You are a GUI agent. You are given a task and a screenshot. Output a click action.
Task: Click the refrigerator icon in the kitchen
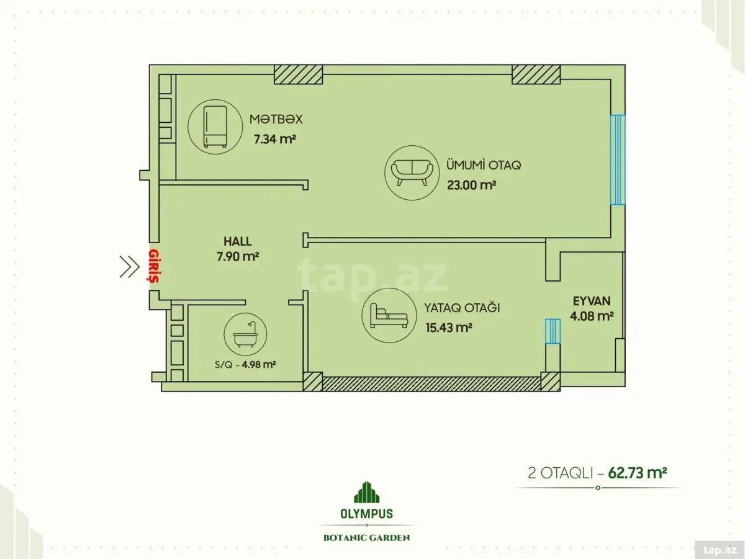[215, 127]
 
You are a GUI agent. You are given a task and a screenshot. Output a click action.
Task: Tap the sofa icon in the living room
[412, 172]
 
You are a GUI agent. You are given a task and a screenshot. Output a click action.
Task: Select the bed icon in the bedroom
[389, 315]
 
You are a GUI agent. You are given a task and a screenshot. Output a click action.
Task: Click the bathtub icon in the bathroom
[245, 334]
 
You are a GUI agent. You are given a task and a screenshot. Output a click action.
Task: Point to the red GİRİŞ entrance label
[154, 266]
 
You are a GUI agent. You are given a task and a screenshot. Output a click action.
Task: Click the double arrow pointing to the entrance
[129, 267]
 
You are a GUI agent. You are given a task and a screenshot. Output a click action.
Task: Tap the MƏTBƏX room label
[276, 119]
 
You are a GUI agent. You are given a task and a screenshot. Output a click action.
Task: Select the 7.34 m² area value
[275, 139]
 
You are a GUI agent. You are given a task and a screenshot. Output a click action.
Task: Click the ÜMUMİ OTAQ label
[483, 165]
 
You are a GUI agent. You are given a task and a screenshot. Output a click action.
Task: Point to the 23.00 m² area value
[471, 185]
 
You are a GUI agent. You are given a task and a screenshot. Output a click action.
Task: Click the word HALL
[238, 241]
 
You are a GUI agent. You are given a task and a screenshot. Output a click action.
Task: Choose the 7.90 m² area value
[238, 256]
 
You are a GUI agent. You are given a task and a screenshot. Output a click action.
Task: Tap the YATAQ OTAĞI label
[462, 308]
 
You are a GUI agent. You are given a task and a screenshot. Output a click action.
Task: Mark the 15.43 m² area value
[449, 328]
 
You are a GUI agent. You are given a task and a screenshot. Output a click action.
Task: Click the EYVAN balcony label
[592, 301]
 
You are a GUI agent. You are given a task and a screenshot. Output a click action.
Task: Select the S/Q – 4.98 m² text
[245, 365]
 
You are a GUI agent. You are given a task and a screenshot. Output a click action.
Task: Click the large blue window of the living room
[617, 160]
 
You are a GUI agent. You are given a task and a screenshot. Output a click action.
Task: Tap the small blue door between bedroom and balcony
[553, 331]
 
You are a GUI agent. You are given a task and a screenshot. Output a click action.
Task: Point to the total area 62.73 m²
[638, 473]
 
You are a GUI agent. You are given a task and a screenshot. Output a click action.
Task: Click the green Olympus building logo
[366, 492]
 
